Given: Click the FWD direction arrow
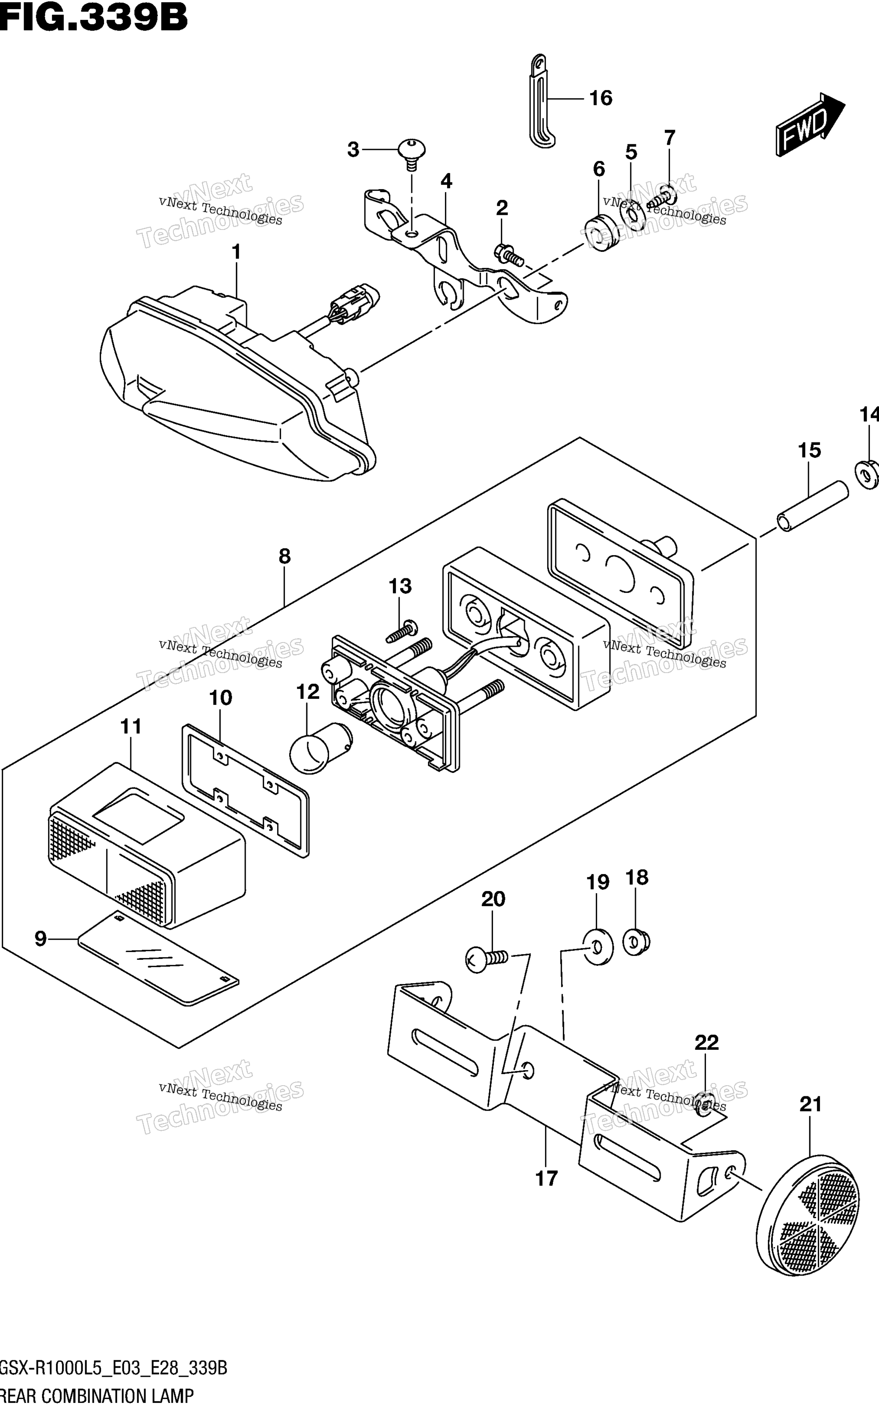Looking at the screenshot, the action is [x=809, y=124].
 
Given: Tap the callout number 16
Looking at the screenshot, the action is [x=601, y=98].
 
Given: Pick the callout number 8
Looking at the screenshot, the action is [x=284, y=556].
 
